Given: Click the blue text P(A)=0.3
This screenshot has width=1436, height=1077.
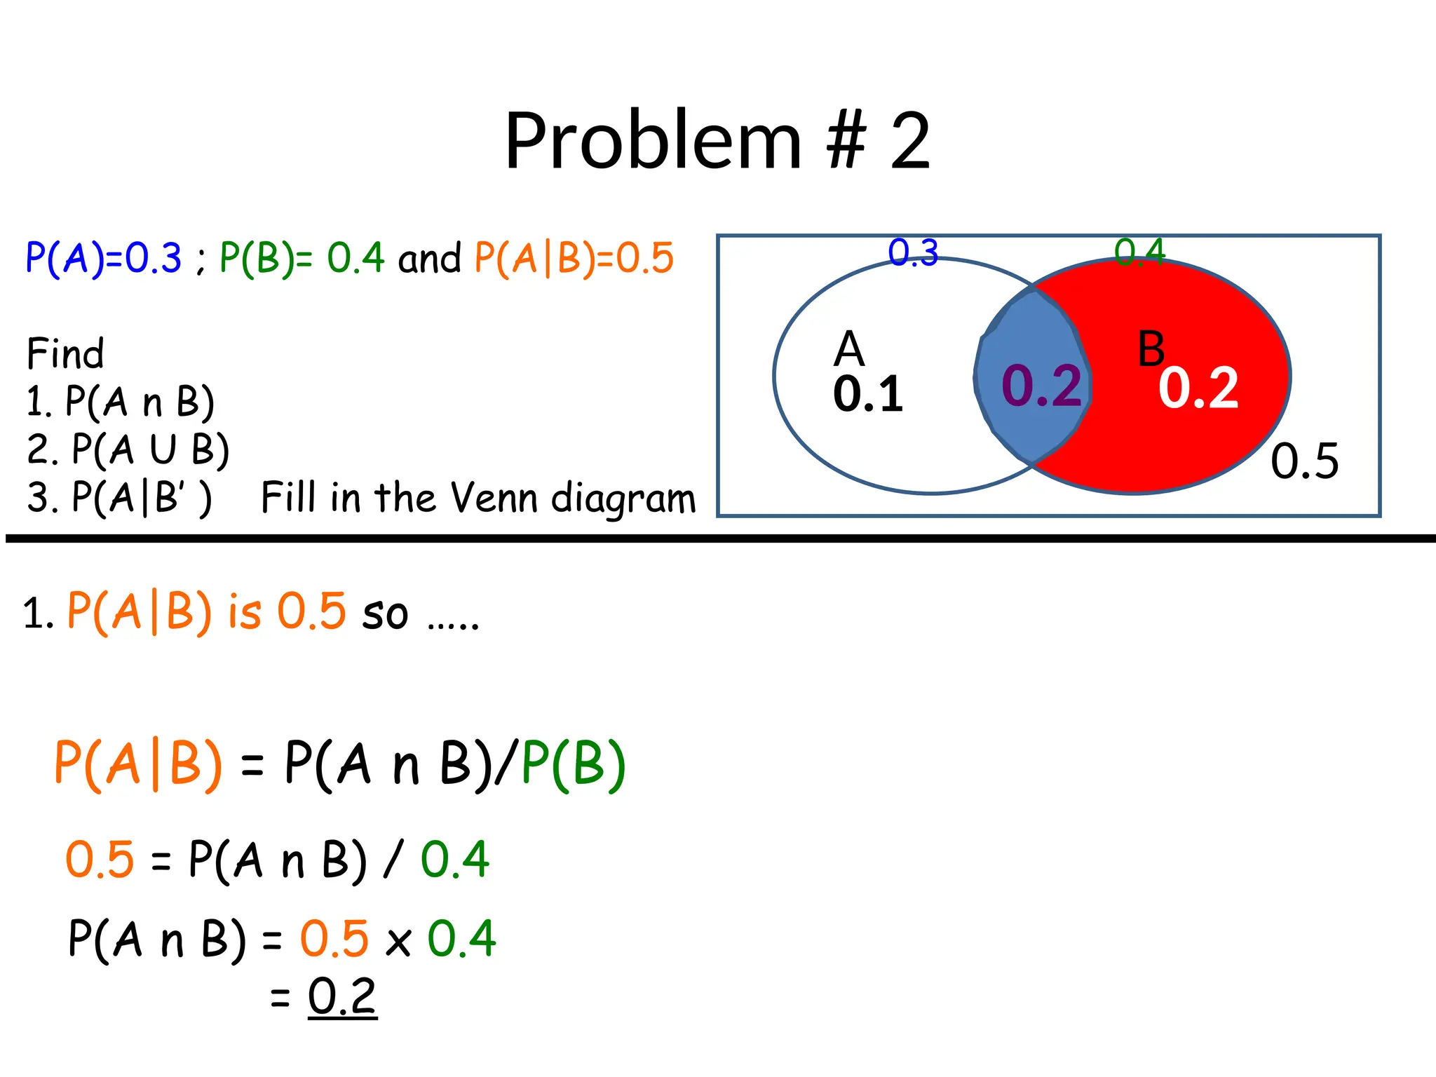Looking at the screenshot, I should tap(103, 257).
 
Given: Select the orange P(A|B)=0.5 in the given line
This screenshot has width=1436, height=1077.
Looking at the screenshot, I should tap(574, 257).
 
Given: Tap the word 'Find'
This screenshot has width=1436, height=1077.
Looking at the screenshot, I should tap(65, 353).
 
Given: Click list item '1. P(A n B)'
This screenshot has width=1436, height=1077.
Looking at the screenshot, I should tap(120, 402).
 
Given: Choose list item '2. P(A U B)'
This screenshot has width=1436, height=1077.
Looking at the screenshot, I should tap(128, 449).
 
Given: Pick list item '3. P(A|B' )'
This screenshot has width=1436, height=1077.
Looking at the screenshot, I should tap(119, 498).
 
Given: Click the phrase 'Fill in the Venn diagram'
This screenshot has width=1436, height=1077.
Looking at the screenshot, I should tap(478, 498).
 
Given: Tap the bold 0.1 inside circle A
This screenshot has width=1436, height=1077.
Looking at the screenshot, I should tap(868, 394).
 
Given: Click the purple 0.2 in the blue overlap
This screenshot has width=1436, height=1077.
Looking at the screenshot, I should tap(1041, 386).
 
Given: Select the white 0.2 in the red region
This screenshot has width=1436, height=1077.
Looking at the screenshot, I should tap(1198, 388).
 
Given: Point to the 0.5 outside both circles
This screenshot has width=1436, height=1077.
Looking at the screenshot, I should tap(1305, 461).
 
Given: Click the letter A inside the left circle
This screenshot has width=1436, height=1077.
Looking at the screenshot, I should tap(849, 349).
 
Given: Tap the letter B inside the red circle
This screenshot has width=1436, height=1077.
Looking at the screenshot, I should tap(1151, 349).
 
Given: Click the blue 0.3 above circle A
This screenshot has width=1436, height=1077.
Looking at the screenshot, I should tap(913, 252).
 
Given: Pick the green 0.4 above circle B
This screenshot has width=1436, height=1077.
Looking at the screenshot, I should tap(1139, 252).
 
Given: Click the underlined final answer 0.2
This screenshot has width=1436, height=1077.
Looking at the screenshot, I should tap(342, 996).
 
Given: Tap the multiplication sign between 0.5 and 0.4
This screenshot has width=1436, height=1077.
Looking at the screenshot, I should tap(398, 942).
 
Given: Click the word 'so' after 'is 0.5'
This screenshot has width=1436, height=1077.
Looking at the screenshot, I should tap(385, 614).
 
